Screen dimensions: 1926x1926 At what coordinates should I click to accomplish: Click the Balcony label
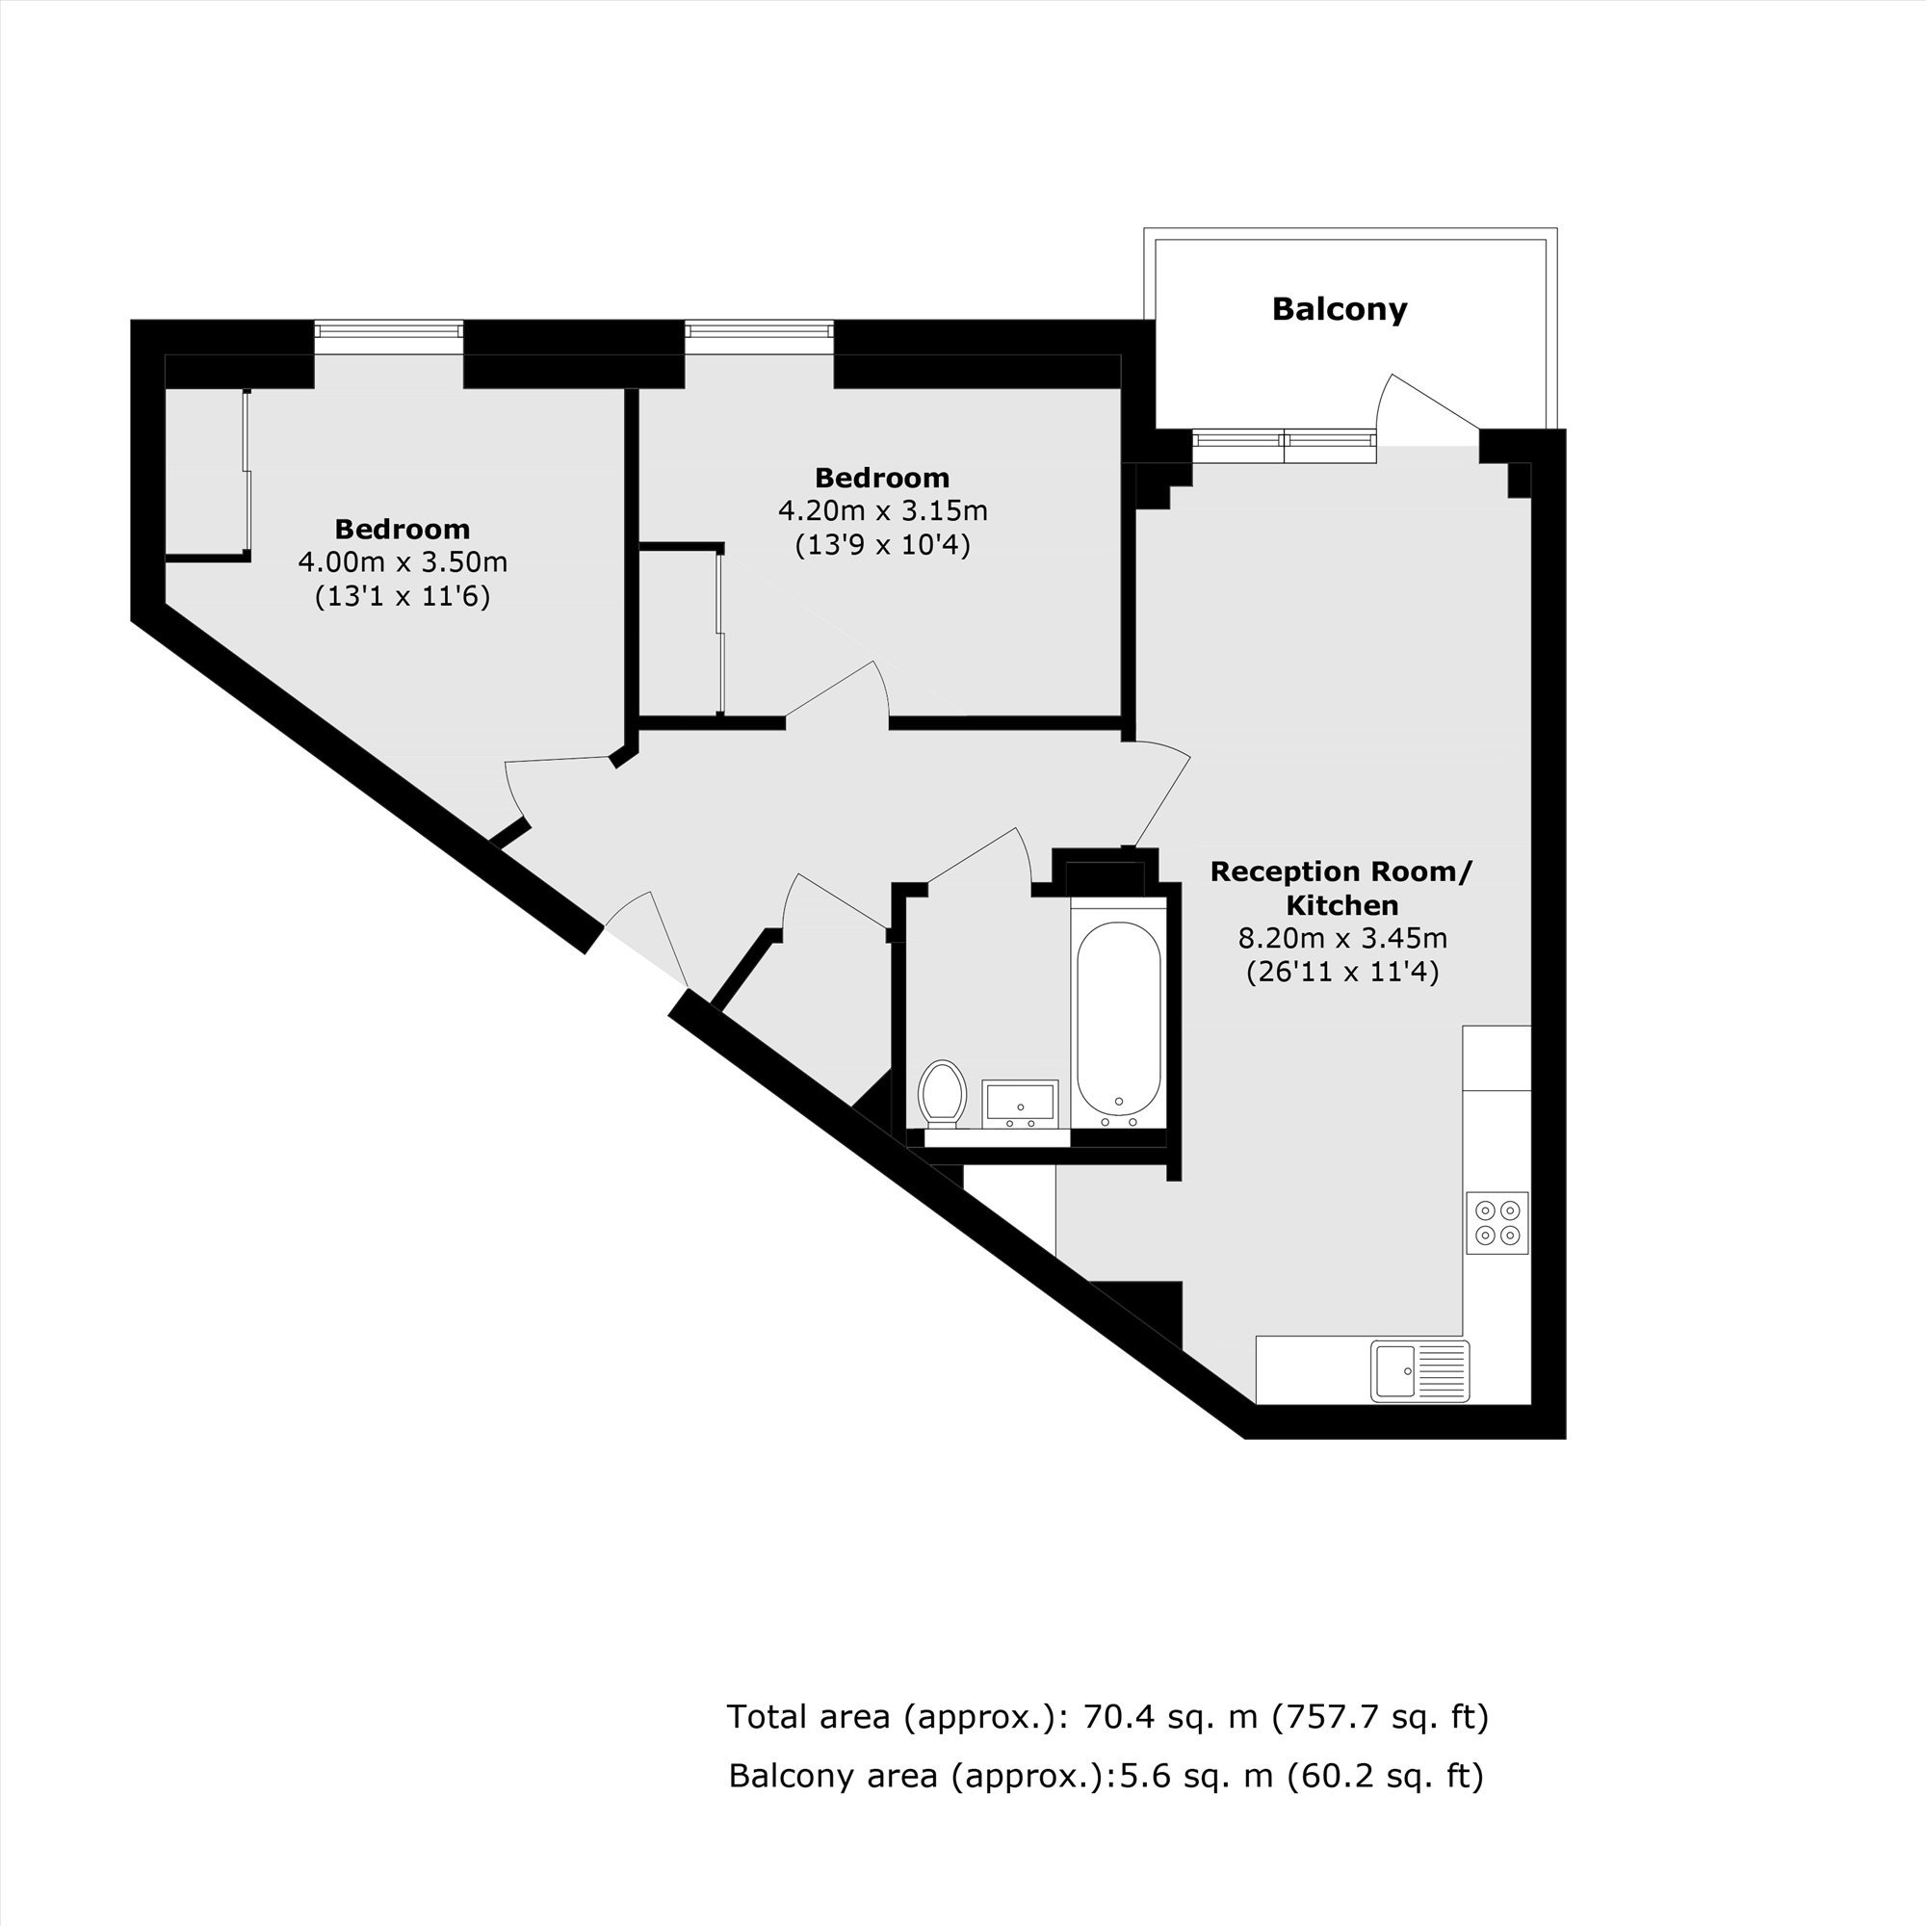[1339, 309]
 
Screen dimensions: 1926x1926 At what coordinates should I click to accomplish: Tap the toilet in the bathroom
[942, 1094]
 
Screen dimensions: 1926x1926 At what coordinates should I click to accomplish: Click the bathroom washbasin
[1020, 1104]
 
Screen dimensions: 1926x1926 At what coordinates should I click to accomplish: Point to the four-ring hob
[1497, 1223]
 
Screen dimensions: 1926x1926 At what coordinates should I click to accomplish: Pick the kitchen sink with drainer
[1419, 1370]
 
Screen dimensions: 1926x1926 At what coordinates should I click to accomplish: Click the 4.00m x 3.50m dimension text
[403, 562]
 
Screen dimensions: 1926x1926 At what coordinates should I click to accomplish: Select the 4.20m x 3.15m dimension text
[882, 511]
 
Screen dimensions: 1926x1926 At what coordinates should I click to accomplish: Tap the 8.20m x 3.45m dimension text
[1342, 938]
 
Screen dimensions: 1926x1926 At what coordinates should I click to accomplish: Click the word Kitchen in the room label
[1341, 905]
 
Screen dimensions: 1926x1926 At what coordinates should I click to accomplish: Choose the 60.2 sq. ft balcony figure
[1386, 1776]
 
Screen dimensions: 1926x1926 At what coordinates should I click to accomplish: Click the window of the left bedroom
[389, 329]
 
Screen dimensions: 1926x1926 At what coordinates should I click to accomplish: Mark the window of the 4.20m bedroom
[759, 329]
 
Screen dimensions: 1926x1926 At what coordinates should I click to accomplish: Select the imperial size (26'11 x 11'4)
[1342, 972]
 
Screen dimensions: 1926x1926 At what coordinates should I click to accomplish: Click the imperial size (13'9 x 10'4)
[882, 545]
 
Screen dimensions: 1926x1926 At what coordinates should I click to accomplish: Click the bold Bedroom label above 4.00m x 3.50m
[402, 529]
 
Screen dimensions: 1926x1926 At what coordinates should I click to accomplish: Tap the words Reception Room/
[1340, 872]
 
